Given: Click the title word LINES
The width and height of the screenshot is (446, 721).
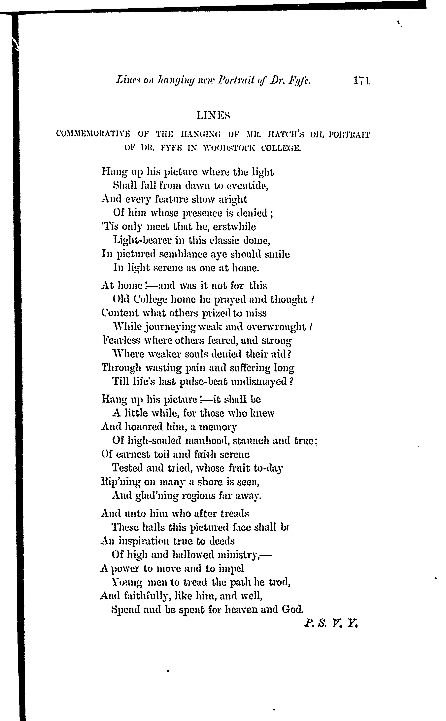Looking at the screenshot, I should (x=213, y=116).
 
